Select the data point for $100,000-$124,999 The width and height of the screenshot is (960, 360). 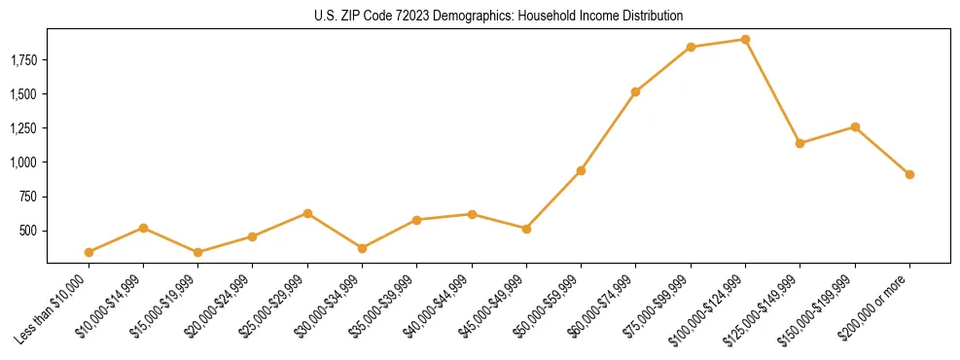[x=745, y=40]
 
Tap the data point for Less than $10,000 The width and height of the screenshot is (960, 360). [x=89, y=252]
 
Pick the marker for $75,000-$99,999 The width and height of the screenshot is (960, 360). [x=691, y=47]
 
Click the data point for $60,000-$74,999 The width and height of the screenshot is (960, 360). [x=635, y=91]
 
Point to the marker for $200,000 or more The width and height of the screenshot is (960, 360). [x=909, y=174]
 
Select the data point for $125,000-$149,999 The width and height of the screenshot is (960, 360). [x=800, y=143]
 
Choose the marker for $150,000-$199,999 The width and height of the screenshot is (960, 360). [x=855, y=126]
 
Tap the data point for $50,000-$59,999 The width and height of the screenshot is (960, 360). [x=581, y=170]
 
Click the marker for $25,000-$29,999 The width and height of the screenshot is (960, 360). [x=307, y=213]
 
